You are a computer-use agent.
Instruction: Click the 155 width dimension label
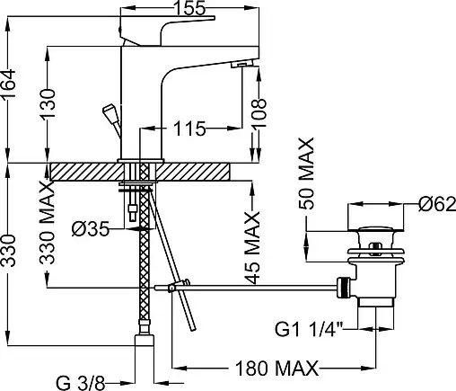pos(189,8)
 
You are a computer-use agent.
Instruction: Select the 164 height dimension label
pos(8,84)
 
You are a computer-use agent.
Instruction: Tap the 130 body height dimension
pos(48,103)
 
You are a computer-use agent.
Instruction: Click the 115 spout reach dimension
pos(189,129)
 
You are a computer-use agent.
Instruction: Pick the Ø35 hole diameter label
pos(91,230)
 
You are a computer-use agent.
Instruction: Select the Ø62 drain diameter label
pos(437,204)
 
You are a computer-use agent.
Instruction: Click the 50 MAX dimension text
pos(307,173)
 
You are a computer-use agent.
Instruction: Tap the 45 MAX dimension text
pos(252,247)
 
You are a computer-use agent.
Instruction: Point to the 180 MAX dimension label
pos(276,369)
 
